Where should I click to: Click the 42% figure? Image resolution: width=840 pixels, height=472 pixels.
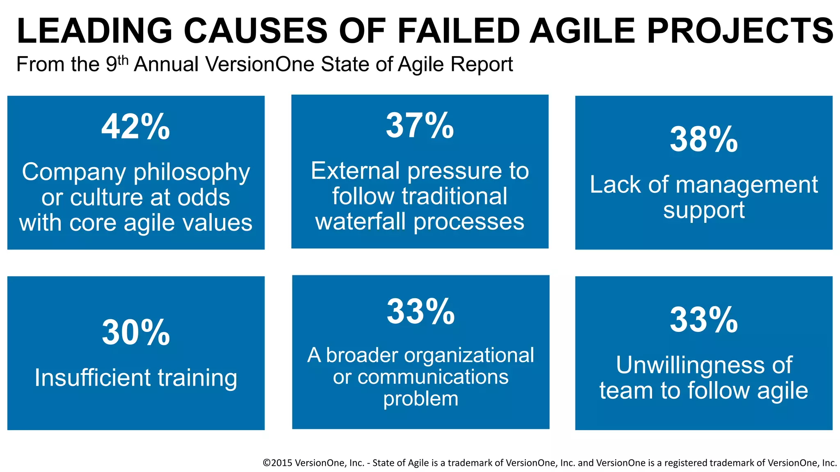pyautogui.click(x=135, y=127)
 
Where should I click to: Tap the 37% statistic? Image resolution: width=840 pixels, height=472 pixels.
pyautogui.click(x=420, y=126)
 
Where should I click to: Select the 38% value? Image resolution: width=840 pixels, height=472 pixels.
pyautogui.click(x=703, y=140)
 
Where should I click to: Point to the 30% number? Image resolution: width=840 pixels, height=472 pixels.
pyautogui.click(x=135, y=333)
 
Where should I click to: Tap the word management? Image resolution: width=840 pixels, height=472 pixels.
pyautogui.click(x=746, y=185)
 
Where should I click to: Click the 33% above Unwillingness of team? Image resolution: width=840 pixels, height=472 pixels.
pyautogui.click(x=703, y=320)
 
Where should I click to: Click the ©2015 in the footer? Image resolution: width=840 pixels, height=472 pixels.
pyautogui.click(x=277, y=463)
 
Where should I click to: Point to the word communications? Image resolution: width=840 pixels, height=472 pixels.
pyautogui.click(x=433, y=377)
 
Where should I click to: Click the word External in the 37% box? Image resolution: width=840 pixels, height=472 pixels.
pyautogui.click(x=355, y=171)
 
